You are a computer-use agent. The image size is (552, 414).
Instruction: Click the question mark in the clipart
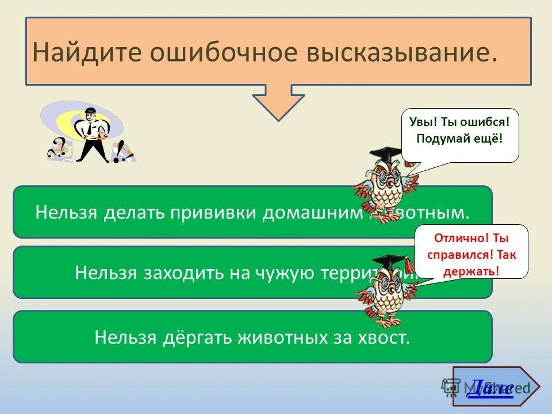(x=57, y=148)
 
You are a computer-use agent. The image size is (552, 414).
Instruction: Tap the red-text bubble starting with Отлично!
(x=471, y=252)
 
